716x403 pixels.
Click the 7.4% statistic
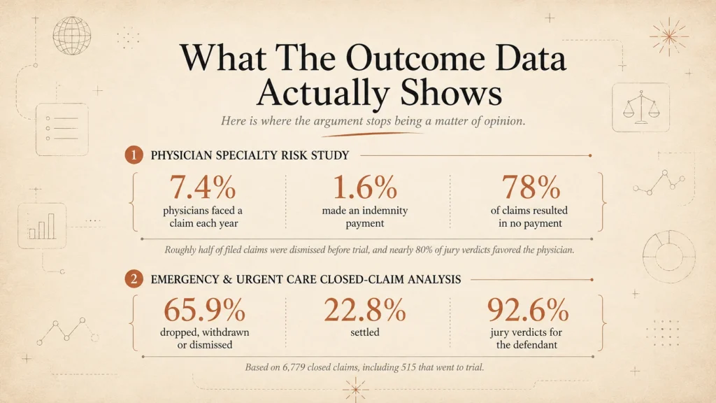[x=203, y=187]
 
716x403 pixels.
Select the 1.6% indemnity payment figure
[x=365, y=187]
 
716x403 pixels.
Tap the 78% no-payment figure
[x=531, y=187]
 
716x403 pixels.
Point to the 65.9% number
[x=205, y=309]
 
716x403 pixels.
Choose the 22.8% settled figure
[x=365, y=309]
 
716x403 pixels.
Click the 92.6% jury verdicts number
[x=528, y=309]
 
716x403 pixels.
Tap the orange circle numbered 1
[x=134, y=155]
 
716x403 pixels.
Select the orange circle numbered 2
[x=134, y=278]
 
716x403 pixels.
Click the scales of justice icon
[x=641, y=107]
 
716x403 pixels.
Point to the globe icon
[x=72, y=36]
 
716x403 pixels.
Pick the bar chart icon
[x=42, y=226]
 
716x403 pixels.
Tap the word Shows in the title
[x=451, y=92]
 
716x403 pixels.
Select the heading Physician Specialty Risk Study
[x=250, y=155]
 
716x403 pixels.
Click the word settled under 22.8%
[x=365, y=332]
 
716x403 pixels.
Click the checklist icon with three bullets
[x=62, y=129]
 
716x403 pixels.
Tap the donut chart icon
[x=669, y=256]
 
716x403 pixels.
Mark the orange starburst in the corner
[x=669, y=36]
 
